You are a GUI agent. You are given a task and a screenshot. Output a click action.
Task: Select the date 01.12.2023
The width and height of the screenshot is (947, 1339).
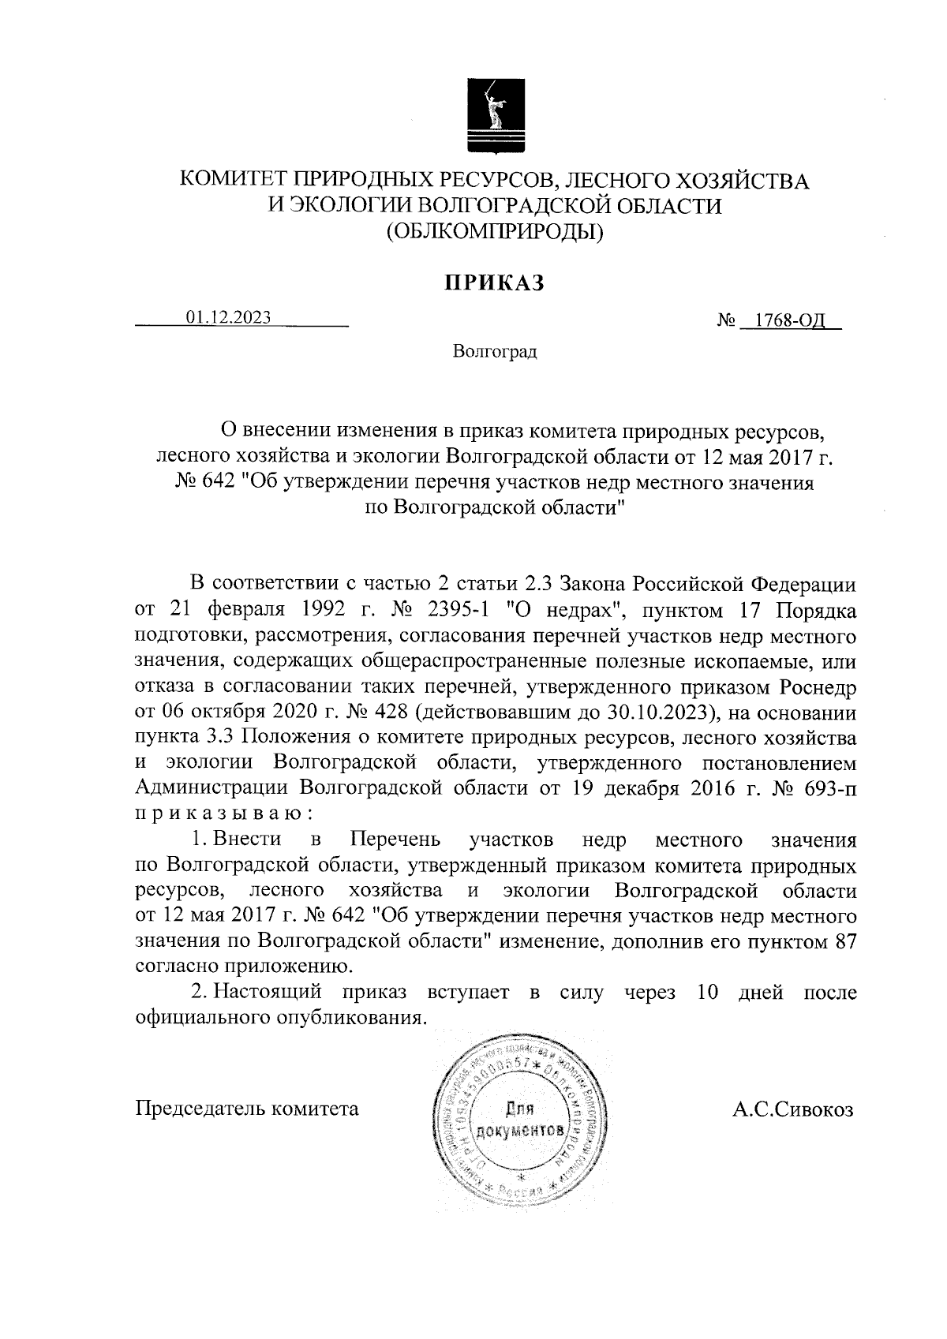pos(229,317)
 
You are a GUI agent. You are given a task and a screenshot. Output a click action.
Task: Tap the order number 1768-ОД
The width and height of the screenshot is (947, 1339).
pos(790,321)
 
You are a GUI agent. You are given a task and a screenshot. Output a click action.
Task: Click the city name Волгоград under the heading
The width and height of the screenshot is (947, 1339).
pos(495,351)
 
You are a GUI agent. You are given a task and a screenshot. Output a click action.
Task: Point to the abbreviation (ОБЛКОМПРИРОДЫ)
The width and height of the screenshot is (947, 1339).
pos(495,232)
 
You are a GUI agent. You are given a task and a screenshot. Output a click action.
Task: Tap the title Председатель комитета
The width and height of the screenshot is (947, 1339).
pos(247,1109)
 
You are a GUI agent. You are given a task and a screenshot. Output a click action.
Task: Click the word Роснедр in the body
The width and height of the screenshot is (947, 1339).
pos(818,687)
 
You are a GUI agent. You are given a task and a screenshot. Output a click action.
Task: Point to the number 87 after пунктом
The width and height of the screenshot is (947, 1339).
pos(844,942)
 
